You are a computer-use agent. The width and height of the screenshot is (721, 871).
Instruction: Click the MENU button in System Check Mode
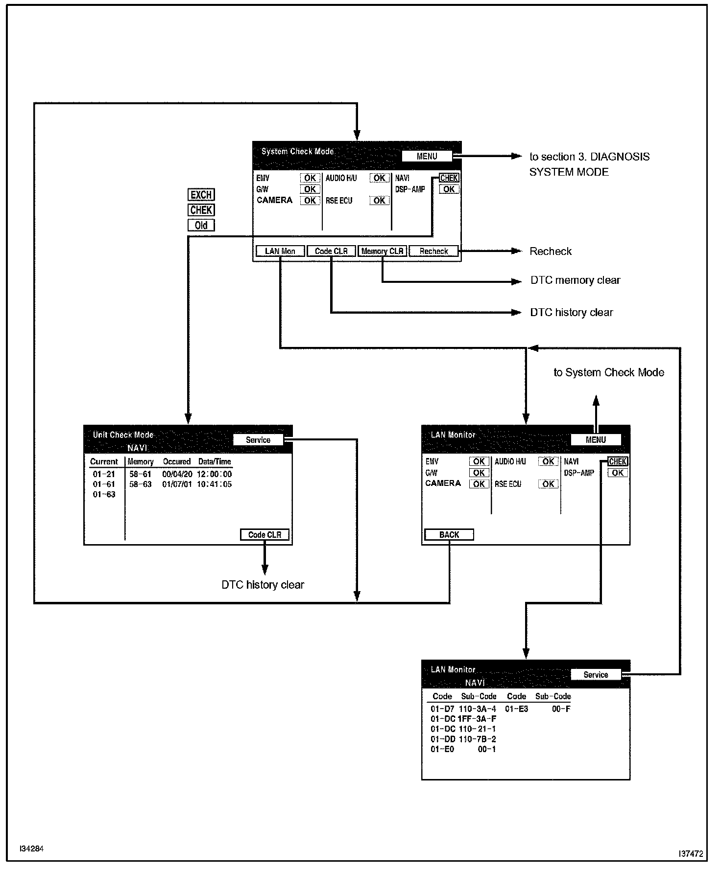coord(427,156)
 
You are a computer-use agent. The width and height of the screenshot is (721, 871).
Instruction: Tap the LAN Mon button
coord(280,251)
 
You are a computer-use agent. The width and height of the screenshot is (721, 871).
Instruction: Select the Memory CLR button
coord(382,251)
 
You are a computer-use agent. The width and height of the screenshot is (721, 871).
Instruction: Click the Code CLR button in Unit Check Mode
coord(264,535)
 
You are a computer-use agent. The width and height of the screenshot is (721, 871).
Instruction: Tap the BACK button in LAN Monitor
coord(449,535)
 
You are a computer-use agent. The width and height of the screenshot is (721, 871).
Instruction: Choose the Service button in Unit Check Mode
coord(258,440)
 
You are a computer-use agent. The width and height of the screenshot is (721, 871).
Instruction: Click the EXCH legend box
coord(201,195)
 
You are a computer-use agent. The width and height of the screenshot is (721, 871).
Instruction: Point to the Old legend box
coord(201,226)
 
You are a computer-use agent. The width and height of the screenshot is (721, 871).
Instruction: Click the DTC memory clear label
coord(575,280)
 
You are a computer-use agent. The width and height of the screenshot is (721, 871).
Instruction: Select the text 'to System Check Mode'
coord(609,372)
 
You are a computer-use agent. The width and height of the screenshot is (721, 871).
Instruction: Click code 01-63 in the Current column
coord(104,495)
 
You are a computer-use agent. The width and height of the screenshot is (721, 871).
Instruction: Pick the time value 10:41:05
coord(215,484)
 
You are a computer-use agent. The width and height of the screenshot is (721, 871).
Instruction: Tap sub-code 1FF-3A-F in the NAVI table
coord(477,719)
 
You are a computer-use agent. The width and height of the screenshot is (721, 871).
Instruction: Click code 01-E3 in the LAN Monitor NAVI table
coord(516,709)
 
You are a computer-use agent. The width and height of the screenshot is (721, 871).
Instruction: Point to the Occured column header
coord(177,461)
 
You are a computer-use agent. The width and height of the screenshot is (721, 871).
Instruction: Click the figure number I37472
coord(691,854)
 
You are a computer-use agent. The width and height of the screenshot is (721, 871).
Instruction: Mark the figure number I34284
coord(32,849)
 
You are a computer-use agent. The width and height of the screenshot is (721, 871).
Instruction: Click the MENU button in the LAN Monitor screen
coord(596,440)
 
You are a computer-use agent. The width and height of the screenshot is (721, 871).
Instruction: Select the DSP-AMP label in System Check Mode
coord(410,189)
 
